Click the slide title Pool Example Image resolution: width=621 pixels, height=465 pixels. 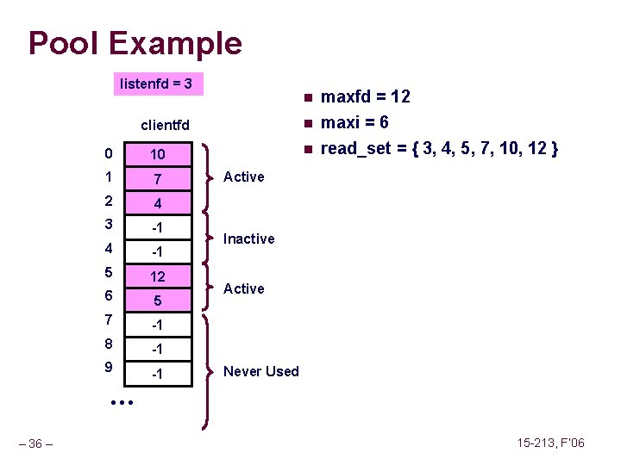coord(135,43)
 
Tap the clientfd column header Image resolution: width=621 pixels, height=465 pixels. coord(165,126)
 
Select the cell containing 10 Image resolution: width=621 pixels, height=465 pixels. coord(158,155)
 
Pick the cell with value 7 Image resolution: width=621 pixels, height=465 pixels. coord(158,179)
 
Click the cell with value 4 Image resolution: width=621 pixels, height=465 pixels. coord(158,204)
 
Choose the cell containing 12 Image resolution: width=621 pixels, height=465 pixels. coord(158,277)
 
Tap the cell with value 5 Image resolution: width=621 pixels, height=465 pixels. coord(158,301)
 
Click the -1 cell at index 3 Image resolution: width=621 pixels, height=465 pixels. coord(158,228)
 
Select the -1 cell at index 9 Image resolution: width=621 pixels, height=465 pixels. coord(158,374)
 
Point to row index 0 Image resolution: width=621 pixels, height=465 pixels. coord(105,154)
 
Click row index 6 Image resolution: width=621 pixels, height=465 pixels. coord(105,295)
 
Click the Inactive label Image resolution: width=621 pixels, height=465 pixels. coord(248,239)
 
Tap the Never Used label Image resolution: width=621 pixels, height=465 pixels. coord(260,371)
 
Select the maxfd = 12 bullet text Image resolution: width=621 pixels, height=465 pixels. coord(365,96)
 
